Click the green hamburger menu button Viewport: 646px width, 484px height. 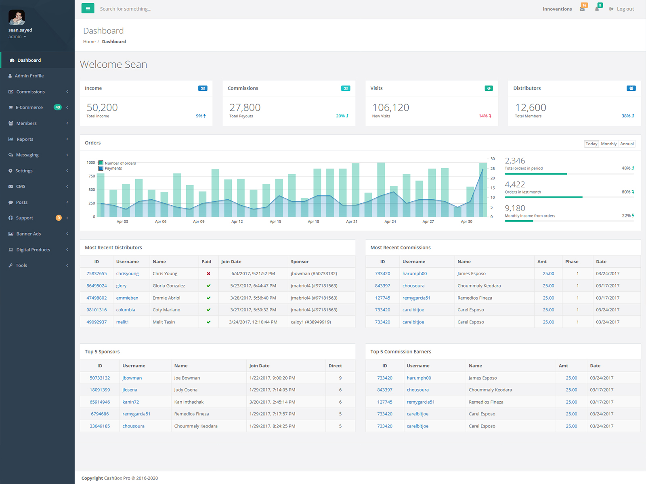88,8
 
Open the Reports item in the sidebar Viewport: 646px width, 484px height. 25,139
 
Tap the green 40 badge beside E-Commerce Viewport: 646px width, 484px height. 58,107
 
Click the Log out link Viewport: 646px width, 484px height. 621,9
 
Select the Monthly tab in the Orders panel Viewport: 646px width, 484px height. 608,144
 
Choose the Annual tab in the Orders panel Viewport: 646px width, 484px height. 627,144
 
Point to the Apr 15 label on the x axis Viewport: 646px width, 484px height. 275,221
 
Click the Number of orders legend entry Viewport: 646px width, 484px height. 117,163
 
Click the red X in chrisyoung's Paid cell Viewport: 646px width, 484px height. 208,273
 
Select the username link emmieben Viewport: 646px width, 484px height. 127,298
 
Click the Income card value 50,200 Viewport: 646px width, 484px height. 102,107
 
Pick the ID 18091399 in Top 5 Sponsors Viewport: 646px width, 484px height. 100,390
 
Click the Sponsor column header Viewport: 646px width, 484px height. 300,261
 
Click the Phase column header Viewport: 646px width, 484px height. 572,261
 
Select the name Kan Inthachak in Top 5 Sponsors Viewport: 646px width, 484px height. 189,402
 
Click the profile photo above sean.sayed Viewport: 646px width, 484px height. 17,17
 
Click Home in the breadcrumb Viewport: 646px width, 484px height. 89,42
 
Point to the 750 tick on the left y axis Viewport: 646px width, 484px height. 92,176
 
